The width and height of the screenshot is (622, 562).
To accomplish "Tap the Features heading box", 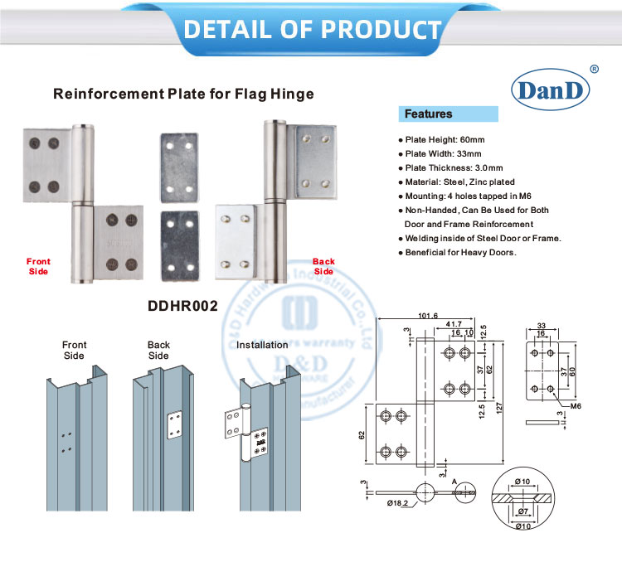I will click(449, 114).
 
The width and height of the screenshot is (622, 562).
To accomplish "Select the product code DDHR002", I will click(182, 306).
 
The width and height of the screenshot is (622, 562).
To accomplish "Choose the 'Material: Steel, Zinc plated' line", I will click(459, 182).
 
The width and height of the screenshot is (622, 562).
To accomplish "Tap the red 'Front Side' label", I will click(38, 266).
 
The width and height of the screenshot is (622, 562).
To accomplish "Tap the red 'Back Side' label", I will click(323, 266).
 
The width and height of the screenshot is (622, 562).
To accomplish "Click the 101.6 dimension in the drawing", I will click(428, 316).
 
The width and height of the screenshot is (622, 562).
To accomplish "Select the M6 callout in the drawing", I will click(573, 405).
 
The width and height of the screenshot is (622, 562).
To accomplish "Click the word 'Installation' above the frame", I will click(262, 345).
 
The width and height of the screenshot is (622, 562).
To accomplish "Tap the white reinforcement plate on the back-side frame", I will click(174, 424).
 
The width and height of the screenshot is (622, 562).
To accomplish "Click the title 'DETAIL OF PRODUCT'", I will click(312, 29).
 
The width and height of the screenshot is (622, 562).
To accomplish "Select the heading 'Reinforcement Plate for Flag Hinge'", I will click(183, 94).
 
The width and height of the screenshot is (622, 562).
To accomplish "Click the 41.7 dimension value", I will click(454, 324).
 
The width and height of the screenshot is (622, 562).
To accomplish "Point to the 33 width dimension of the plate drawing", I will click(542, 325).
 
